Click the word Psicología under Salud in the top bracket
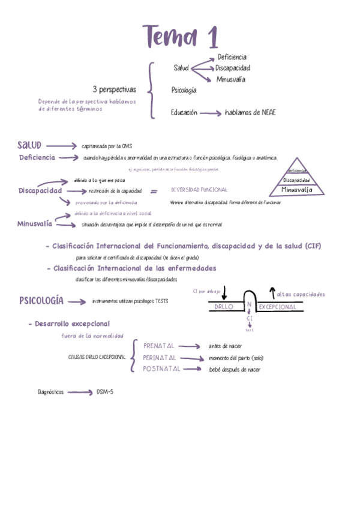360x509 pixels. pos(184,91)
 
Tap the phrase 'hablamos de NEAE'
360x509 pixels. pos(250,112)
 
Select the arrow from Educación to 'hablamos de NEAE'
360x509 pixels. pos(210,112)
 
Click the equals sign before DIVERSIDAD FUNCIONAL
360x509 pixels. pos(154,191)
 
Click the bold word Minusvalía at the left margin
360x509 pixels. pos(35,224)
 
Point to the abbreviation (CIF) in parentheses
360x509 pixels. pos(312,247)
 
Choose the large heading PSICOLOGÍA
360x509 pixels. pos(41,301)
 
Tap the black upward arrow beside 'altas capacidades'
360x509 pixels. pos(271,292)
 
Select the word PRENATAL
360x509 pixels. pos(159,346)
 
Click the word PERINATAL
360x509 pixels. pos(161,358)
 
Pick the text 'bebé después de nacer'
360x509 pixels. pos(234,370)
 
